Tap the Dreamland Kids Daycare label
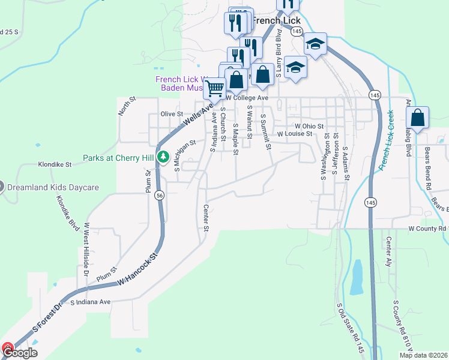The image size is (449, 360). (x=52, y=187)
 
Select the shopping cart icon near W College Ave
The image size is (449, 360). (x=214, y=88)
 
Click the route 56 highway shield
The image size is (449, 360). (x=159, y=195)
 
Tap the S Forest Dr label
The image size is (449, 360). (x=47, y=318)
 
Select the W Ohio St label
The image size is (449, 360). (x=309, y=126)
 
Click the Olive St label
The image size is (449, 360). (x=172, y=114)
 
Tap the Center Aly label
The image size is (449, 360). (x=389, y=251)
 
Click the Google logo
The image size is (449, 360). (x=20, y=353)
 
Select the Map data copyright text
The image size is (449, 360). (x=423, y=355)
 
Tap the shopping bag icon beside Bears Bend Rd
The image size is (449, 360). (x=418, y=117)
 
